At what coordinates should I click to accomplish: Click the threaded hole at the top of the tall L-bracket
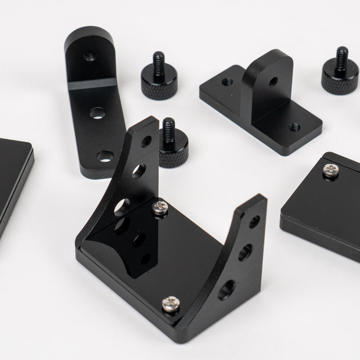pos(88,56)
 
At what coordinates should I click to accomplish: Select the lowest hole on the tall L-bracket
pos(105,155)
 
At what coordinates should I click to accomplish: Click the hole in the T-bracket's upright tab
pos(272,82)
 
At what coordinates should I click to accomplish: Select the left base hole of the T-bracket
pos(226,84)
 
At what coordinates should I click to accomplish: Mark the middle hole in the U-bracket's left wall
pos(138,171)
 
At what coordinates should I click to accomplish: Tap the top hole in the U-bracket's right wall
pos(254,221)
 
